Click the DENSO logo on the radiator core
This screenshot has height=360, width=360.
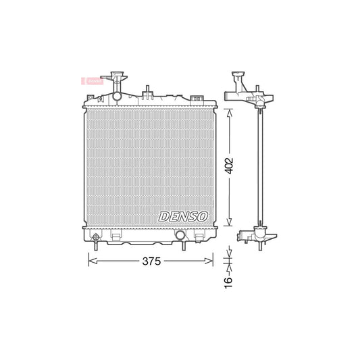184,217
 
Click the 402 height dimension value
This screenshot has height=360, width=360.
230,167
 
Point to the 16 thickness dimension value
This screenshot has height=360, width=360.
228,278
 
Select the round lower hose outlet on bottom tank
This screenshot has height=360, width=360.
180,235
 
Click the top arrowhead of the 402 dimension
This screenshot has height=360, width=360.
230,112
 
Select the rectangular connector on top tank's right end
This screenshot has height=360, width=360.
197,99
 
